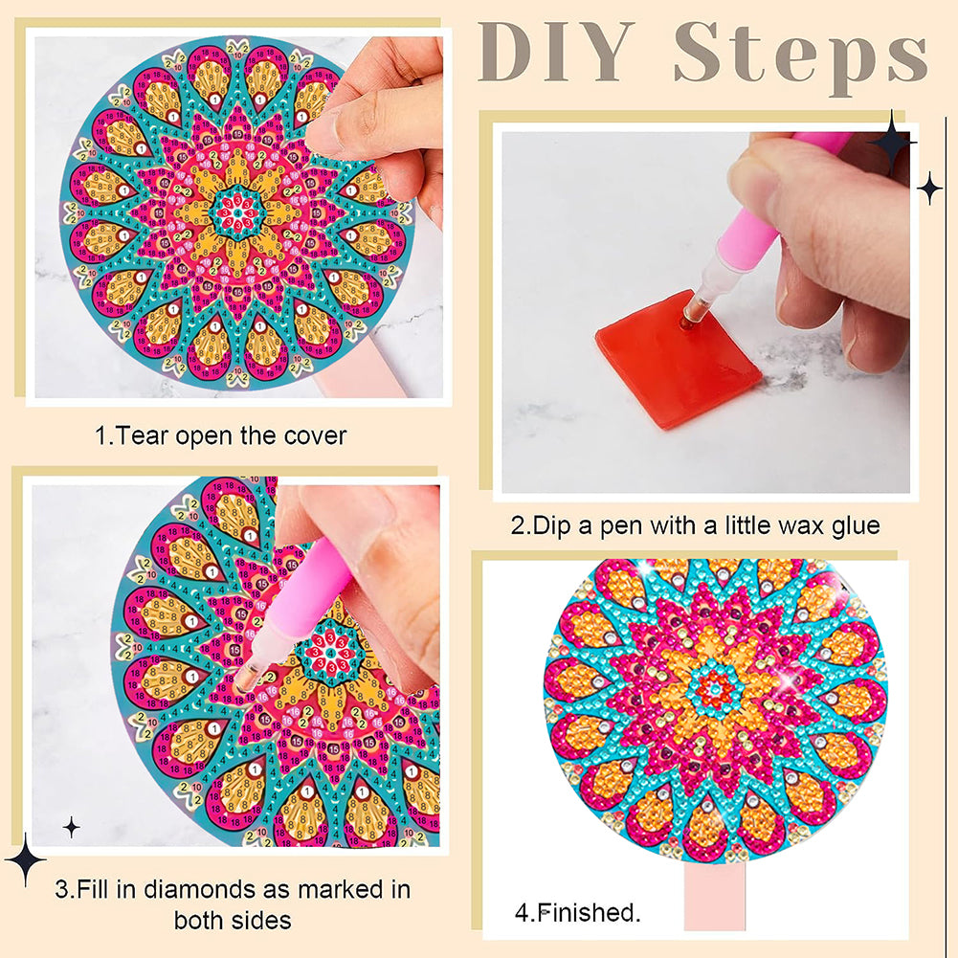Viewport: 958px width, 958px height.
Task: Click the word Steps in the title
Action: [800, 55]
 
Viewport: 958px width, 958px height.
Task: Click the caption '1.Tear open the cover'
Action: [221, 436]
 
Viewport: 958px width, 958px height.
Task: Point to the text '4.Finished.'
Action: [577, 912]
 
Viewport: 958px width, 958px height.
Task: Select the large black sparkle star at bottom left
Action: [25, 858]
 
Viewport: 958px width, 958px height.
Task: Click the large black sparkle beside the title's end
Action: [893, 142]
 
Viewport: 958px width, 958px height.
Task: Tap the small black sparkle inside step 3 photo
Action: [71, 826]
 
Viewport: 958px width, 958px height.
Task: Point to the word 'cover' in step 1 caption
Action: [316, 436]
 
